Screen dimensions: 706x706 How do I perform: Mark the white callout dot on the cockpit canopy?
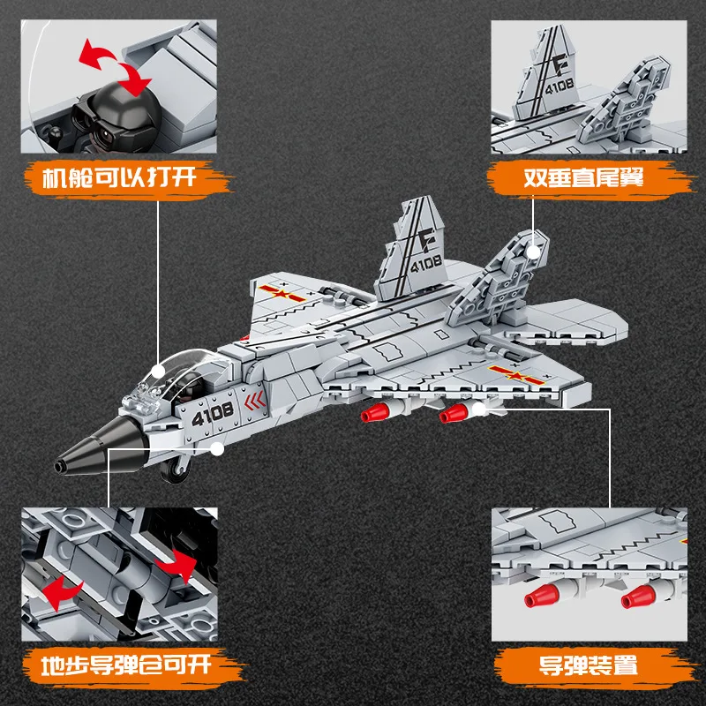(x=160, y=372)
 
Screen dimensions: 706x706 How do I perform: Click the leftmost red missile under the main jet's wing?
(x=374, y=415)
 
